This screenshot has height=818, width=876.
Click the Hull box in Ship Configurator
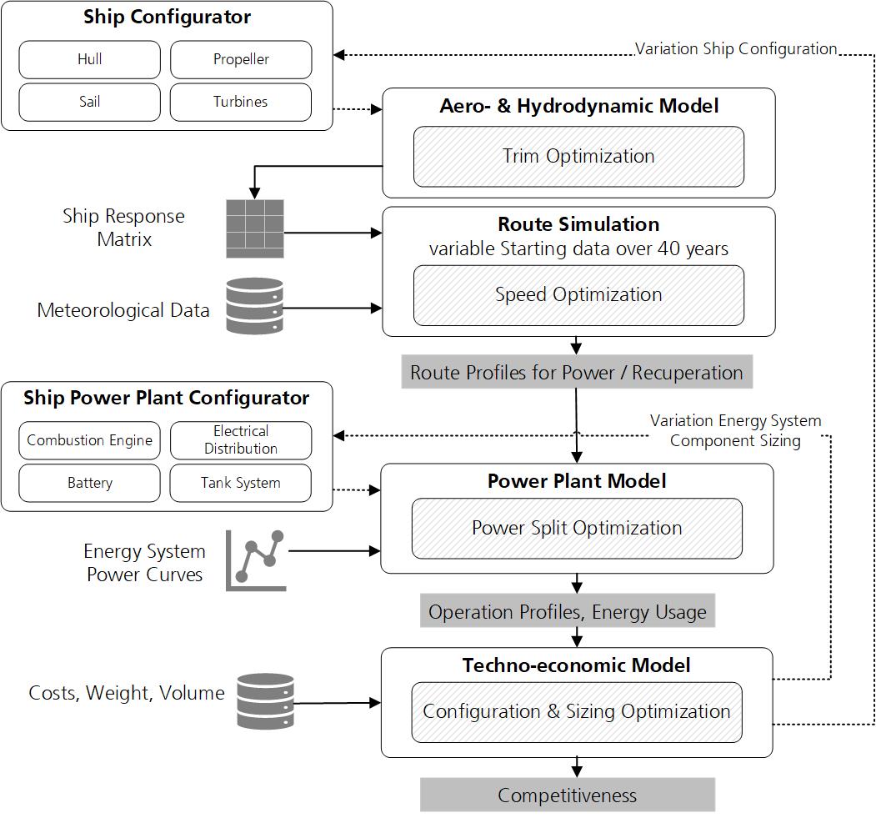89,59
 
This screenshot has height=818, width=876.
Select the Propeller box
241,59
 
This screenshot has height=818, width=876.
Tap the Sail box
89,102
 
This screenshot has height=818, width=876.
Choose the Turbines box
241,102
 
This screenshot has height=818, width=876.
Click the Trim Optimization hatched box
578,156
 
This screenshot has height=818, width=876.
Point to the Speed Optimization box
578,294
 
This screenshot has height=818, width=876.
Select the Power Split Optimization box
577,528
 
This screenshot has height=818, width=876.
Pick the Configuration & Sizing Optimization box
577,711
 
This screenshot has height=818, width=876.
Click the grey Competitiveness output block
567,795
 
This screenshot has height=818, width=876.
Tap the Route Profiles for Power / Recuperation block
576,372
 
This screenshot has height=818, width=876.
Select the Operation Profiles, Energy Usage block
568,611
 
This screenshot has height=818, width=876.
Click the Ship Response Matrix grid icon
255,228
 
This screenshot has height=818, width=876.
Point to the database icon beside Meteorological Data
255,307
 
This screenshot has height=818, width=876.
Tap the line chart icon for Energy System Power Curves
256,560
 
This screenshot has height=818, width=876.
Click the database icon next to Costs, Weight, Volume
265,701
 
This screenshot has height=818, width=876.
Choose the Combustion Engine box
89,440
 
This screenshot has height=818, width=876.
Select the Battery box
89,483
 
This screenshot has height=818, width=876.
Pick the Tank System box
241,483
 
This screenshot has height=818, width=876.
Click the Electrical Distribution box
241,440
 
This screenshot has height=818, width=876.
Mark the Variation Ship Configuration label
736,48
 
